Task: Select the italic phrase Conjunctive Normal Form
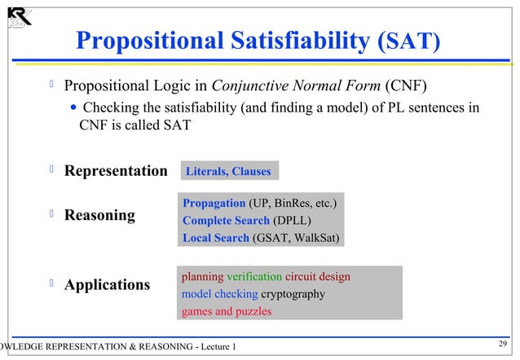click(297, 86)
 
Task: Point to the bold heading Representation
click(116, 171)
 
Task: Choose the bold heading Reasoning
click(99, 215)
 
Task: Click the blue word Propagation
click(214, 202)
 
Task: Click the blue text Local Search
click(216, 238)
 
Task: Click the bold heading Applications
click(107, 285)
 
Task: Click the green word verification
click(254, 277)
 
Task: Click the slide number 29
click(502, 345)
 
